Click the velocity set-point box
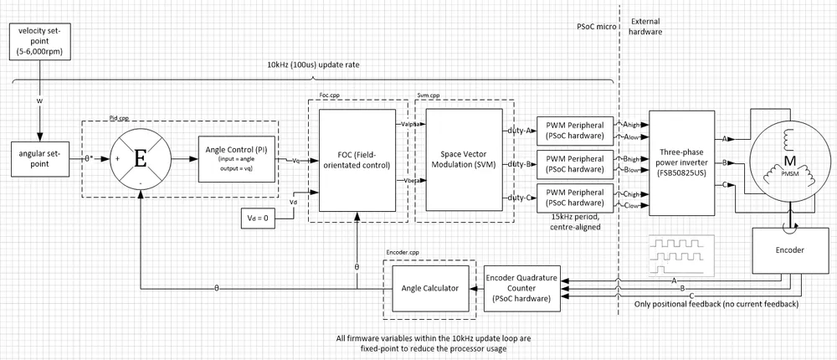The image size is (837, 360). click(39, 41)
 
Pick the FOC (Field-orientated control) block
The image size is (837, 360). click(357, 160)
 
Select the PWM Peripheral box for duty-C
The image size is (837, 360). click(573, 198)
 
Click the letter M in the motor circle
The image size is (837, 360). click(788, 159)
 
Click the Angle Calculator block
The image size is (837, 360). click(429, 288)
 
